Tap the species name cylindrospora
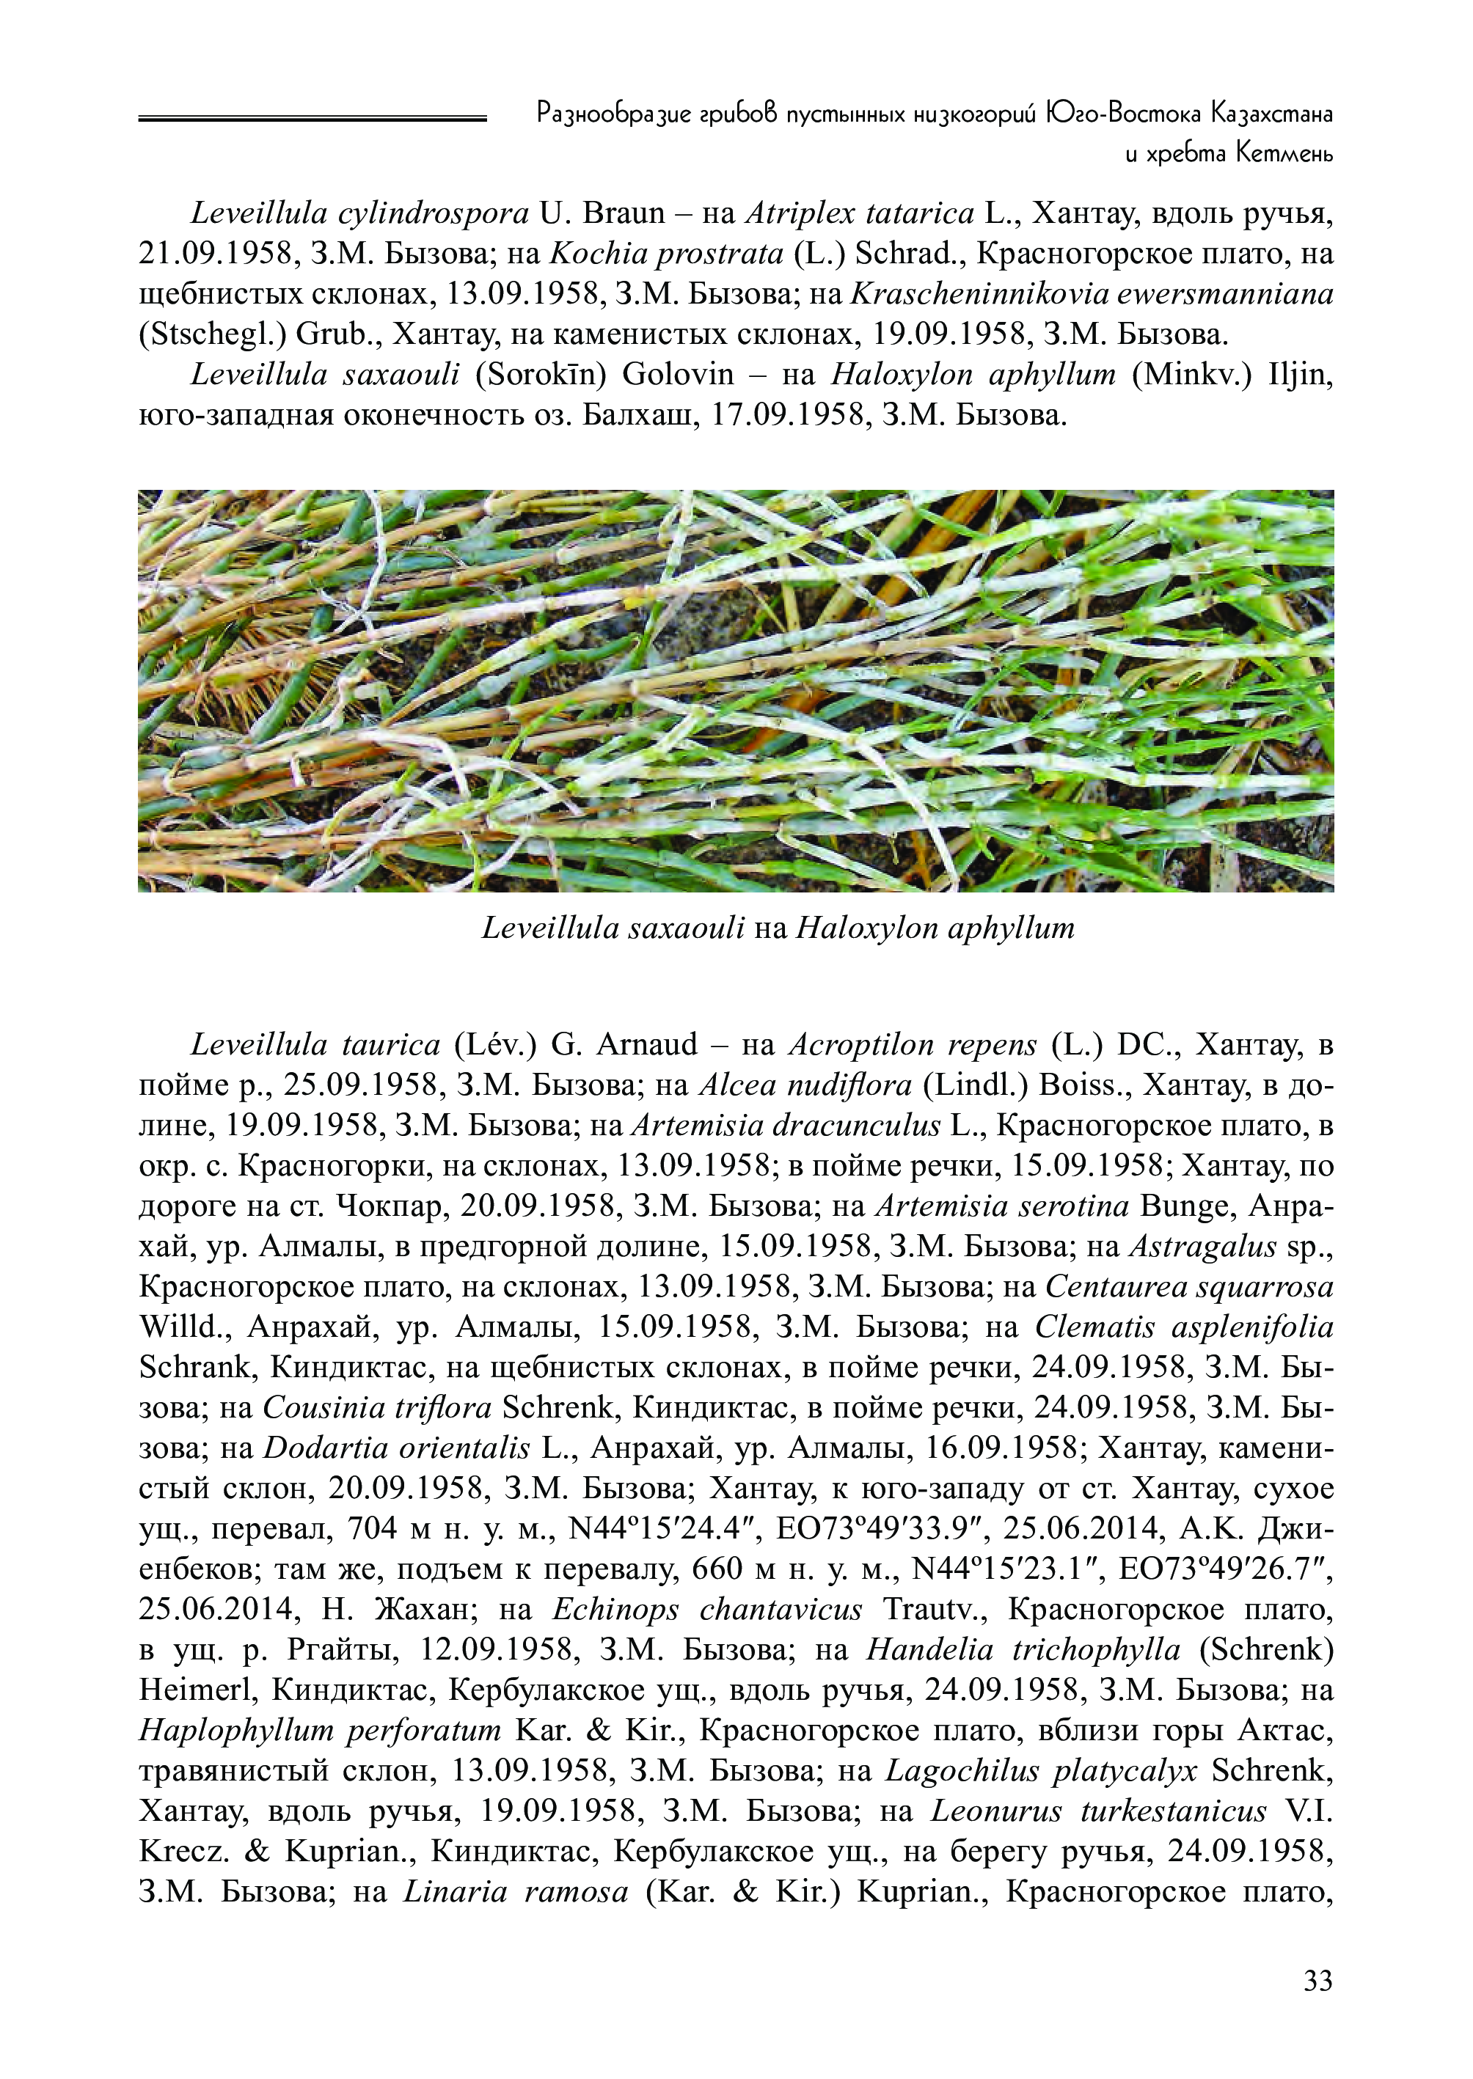click(434, 214)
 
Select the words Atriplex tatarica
click(859, 214)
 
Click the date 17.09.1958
click(788, 415)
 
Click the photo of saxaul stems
click(736, 690)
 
